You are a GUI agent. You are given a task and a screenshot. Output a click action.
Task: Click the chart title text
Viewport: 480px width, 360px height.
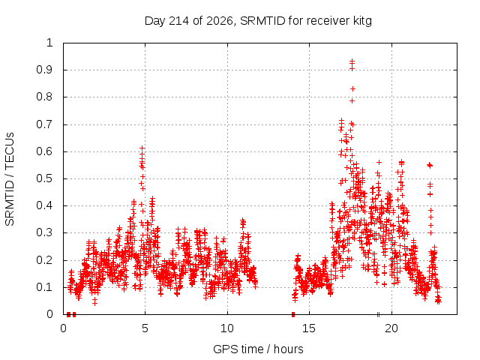point(258,21)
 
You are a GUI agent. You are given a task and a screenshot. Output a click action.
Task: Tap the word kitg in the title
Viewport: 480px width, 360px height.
point(362,21)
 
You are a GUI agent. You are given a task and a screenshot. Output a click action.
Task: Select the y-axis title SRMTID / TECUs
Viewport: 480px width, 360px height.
point(10,179)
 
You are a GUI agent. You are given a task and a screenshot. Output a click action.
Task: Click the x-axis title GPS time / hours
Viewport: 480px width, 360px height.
point(258,349)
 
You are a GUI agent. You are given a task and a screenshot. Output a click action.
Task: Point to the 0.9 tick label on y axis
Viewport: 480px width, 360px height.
point(45,70)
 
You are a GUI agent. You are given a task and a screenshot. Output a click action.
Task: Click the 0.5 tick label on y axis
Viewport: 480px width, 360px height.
point(45,178)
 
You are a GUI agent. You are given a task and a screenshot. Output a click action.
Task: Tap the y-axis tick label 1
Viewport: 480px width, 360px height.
point(50,43)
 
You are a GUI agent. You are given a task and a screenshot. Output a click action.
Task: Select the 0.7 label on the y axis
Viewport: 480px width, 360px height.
point(45,124)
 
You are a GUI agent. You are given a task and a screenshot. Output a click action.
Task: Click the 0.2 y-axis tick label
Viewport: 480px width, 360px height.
point(45,260)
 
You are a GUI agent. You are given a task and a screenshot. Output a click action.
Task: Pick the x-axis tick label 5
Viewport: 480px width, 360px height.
point(145,328)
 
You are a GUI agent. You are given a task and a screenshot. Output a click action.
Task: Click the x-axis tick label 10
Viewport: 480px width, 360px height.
point(227,328)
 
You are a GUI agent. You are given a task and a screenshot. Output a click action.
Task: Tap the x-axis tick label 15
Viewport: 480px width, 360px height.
point(309,328)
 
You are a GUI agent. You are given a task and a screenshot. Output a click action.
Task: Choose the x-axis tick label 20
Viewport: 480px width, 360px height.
point(391,328)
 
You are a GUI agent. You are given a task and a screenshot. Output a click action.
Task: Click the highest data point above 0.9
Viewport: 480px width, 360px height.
point(352,61)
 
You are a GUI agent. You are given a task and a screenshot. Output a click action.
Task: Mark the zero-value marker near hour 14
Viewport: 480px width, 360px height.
point(293,314)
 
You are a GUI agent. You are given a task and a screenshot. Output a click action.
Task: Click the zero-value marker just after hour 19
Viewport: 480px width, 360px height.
point(378,314)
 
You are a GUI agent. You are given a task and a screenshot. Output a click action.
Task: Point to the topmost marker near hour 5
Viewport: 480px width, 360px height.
point(142,148)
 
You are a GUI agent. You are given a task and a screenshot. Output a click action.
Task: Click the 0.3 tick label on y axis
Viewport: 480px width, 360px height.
point(45,232)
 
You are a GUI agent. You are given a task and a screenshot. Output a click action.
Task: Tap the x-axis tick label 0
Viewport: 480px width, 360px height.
point(63,328)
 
